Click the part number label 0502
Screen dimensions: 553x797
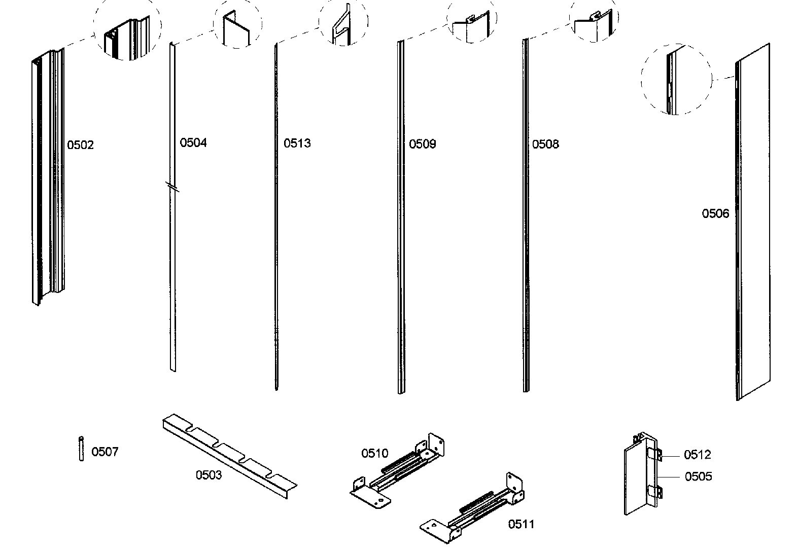pos(81,145)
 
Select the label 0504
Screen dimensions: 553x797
pos(193,143)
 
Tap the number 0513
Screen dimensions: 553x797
pos(297,143)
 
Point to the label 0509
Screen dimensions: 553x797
pos(422,144)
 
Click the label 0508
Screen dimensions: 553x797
pos(545,144)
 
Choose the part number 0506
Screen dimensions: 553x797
pos(715,214)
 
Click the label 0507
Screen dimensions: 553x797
pos(105,452)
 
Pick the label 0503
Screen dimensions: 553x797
pos(209,475)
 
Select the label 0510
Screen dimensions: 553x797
pos(374,453)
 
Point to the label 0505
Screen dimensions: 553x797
pos(698,477)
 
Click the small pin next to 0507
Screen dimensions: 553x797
pos(81,448)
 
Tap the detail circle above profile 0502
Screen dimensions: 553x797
pos(127,30)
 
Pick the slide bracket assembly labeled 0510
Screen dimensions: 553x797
pos(401,469)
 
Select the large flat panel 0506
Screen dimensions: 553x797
pos(754,223)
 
